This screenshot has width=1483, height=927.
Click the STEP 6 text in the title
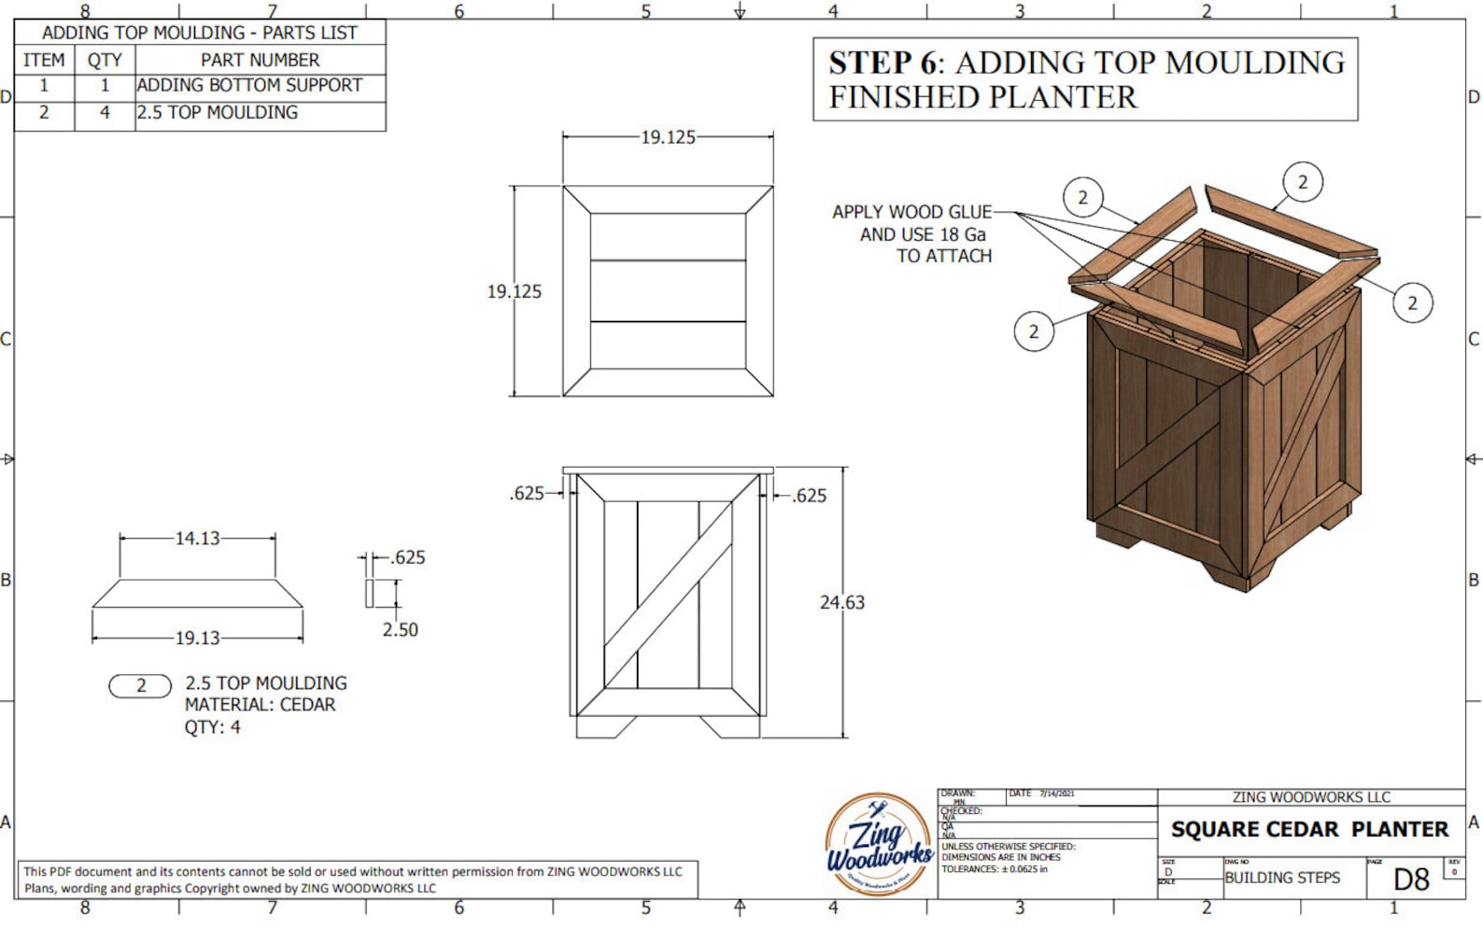881,63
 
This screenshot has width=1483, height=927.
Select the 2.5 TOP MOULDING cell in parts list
218,113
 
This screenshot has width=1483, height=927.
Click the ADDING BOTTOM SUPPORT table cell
249,86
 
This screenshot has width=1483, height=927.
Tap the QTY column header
105,60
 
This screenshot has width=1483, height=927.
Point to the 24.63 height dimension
841,602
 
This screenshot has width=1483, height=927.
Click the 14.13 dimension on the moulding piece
197,538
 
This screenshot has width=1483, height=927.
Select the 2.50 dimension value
400,629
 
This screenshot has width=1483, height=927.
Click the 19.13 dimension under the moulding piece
197,639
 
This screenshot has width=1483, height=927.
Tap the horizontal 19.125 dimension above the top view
668,137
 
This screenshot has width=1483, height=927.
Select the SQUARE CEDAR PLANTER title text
1309,829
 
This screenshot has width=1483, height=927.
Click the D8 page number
1410,878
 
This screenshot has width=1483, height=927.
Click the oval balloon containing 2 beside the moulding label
140,686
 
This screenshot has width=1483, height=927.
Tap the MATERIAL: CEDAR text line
260,705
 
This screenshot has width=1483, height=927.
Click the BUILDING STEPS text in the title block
1281,878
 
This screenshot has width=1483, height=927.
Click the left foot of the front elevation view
604,727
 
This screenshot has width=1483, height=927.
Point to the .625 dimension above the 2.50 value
408,557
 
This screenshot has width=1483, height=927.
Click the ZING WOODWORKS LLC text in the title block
1310,797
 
